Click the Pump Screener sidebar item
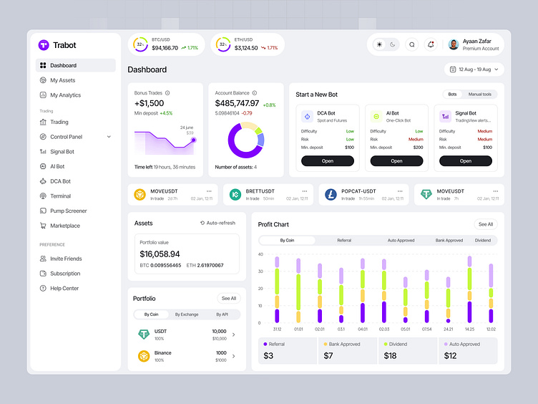(68, 211)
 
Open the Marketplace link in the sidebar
(64, 226)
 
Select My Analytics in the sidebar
(65, 95)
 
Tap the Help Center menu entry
(64, 288)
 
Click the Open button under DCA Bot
(328, 161)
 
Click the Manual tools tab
(479, 95)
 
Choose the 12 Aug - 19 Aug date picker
(475, 69)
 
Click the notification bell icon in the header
(431, 44)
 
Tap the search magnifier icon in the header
(411, 44)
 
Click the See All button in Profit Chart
(486, 224)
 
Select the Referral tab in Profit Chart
(344, 241)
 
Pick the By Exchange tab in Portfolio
(187, 314)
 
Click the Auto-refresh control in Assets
(218, 223)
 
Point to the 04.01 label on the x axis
(363, 330)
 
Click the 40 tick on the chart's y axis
(260, 254)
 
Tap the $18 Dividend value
(390, 356)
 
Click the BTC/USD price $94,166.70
(165, 48)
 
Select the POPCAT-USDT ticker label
(358, 191)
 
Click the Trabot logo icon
(44, 45)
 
